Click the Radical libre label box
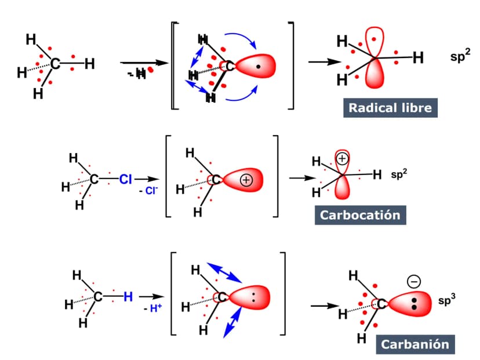[x=390, y=108]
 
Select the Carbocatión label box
[x=361, y=215]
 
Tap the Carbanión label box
[x=415, y=344]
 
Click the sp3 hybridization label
[x=446, y=300]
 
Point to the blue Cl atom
[x=126, y=179]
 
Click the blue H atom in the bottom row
[x=128, y=296]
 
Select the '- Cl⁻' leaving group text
[x=148, y=191]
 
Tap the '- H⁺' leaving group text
[x=153, y=308]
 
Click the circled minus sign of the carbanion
[x=413, y=281]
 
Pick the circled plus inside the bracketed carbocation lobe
[x=246, y=180]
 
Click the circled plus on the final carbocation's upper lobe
[x=342, y=159]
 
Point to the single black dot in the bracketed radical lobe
[x=259, y=67]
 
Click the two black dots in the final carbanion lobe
[x=414, y=304]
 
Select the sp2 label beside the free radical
[x=460, y=56]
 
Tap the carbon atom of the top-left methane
[x=56, y=64]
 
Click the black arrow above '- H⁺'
[x=152, y=296]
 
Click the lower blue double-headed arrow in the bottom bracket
[x=232, y=322]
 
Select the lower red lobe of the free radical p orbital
[x=374, y=74]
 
